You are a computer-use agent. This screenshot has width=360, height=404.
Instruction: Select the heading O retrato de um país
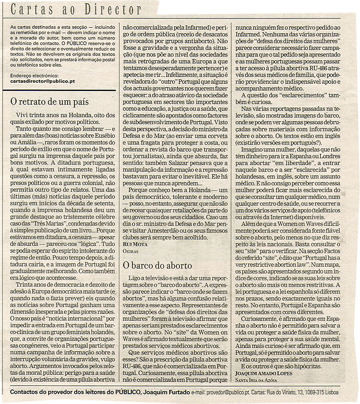(x=49, y=102)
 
